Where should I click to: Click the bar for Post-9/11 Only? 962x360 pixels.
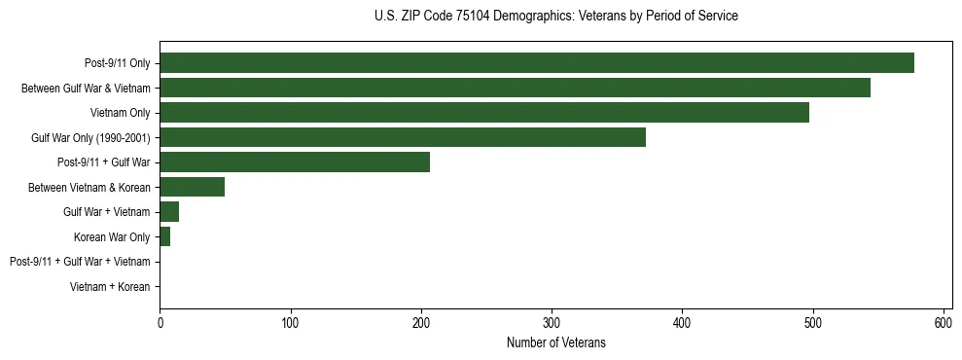pos(536,63)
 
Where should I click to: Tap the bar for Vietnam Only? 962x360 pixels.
pos(483,113)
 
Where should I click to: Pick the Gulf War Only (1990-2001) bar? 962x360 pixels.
pos(402,137)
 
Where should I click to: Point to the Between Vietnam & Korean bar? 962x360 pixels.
pos(192,187)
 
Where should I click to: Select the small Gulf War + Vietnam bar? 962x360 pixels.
pos(169,212)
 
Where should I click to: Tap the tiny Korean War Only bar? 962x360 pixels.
pos(164,236)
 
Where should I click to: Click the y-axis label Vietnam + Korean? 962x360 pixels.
pos(110,287)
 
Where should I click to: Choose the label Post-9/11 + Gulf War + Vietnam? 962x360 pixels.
pos(80,262)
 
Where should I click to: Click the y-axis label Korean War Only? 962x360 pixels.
pos(112,236)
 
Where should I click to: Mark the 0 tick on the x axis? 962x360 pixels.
pos(160,322)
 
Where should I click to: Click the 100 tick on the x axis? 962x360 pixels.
pos(290,322)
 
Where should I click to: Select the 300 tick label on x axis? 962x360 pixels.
pos(552,322)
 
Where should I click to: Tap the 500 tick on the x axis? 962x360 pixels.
pos(813,322)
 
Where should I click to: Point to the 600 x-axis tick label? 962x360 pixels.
pos(944,322)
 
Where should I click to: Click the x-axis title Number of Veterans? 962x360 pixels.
pos(555,342)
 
